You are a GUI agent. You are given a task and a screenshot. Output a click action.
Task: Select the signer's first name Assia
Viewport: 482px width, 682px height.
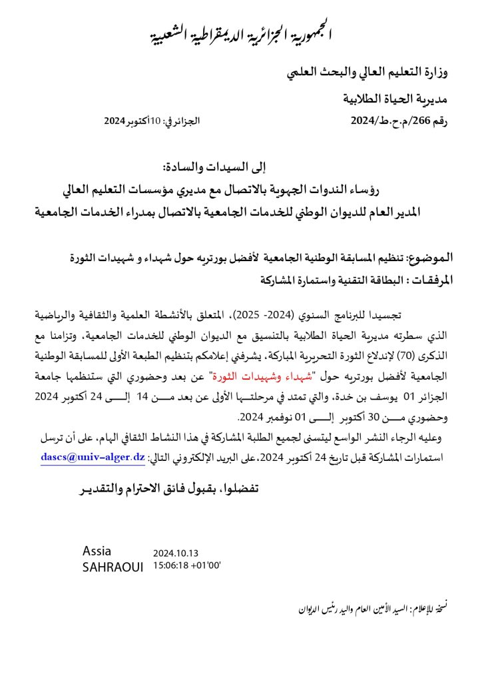click(97, 551)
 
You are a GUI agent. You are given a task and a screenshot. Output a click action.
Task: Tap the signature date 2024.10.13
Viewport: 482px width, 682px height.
click(176, 553)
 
